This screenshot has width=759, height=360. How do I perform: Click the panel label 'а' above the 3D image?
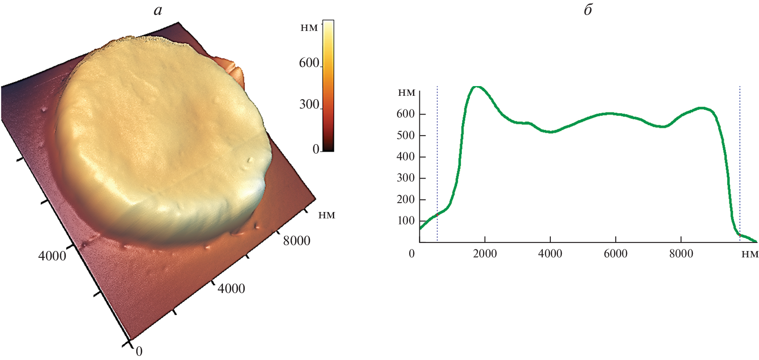(158, 10)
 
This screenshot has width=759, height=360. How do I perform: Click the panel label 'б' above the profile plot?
(588, 10)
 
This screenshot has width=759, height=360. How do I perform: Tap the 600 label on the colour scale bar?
(309, 63)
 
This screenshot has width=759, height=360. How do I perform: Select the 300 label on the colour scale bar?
(309, 104)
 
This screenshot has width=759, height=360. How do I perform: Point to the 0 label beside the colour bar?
(316, 149)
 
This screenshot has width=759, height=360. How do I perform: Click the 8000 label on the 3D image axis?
(296, 241)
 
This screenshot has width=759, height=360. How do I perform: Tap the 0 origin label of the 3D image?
(139, 351)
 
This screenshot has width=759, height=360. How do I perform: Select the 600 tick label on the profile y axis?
(405, 114)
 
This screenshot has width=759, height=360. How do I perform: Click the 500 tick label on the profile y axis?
(405, 135)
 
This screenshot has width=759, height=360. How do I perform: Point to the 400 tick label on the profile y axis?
(405, 156)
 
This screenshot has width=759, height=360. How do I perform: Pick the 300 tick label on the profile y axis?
(405, 178)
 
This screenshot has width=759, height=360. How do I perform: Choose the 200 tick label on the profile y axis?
(405, 199)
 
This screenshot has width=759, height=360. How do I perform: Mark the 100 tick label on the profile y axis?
(405, 220)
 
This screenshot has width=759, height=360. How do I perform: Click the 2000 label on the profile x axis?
(485, 254)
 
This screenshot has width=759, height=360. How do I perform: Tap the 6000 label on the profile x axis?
(615, 254)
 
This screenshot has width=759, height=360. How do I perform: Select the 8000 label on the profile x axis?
(681, 254)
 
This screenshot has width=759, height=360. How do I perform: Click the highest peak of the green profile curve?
(477, 87)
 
